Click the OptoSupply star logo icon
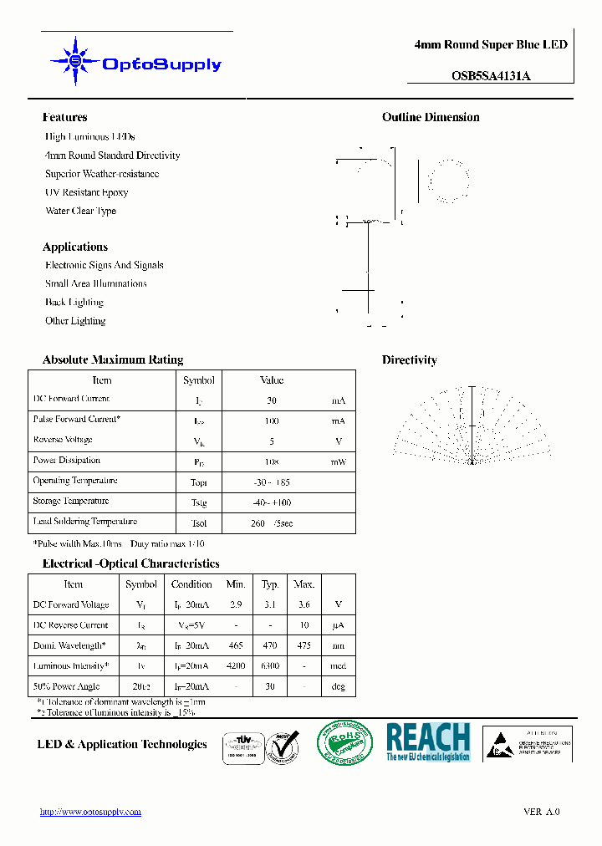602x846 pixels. (75, 61)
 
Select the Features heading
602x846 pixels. (64, 118)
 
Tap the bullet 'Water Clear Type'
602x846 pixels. (80, 211)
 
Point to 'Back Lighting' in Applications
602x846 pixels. (74, 303)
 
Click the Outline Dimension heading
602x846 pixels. (431, 118)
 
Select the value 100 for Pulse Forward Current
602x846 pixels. (272, 420)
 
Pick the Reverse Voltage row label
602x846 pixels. (63, 440)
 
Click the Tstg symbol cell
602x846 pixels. (199, 502)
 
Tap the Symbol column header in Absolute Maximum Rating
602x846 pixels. (199, 380)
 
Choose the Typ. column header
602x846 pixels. (270, 584)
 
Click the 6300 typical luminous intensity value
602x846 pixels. (270, 666)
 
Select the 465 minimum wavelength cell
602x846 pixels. (236, 645)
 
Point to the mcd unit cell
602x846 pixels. (338, 666)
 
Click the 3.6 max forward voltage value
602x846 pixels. (304, 604)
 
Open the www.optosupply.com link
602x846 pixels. (90, 812)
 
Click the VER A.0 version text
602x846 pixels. (541, 812)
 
